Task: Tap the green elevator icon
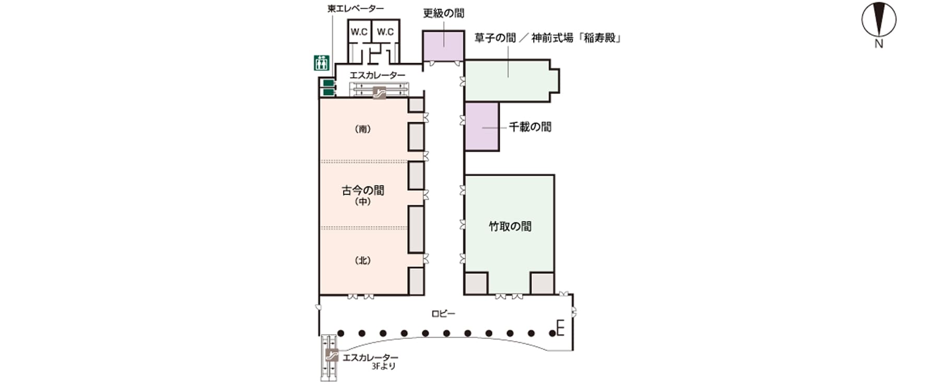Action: pyautogui.click(x=321, y=63)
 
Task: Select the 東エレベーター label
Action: pyautogui.click(x=355, y=8)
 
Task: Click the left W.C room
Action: pyautogui.click(x=359, y=32)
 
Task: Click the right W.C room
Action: pyautogui.click(x=385, y=32)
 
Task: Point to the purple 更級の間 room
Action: pyautogui.click(x=443, y=46)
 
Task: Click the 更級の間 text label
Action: pyautogui.click(x=443, y=13)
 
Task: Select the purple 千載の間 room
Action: pyautogui.click(x=481, y=127)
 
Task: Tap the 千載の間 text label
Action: pyautogui.click(x=530, y=127)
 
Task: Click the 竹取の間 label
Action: pyautogui.click(x=510, y=226)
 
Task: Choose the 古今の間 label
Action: pyautogui.click(x=363, y=191)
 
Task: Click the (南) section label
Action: pyautogui.click(x=362, y=129)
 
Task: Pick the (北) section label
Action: pyautogui.click(x=362, y=261)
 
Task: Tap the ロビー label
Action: pyautogui.click(x=443, y=314)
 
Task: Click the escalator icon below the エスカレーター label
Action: pyautogui.click(x=379, y=92)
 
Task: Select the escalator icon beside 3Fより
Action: pyautogui.click(x=330, y=356)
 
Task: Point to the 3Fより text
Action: pyautogui.click(x=383, y=367)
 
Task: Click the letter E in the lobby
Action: pyautogui.click(x=561, y=329)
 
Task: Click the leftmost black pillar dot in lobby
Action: pyautogui.click(x=340, y=333)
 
